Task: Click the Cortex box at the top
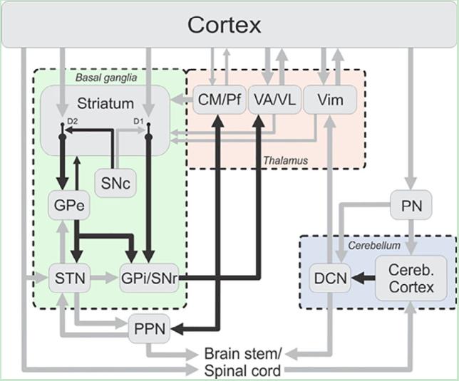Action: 225,26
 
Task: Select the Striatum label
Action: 105,103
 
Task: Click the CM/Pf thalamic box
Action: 219,100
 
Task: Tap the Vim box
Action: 329,100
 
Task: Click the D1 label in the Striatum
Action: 140,122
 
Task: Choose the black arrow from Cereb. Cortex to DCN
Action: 361,278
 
